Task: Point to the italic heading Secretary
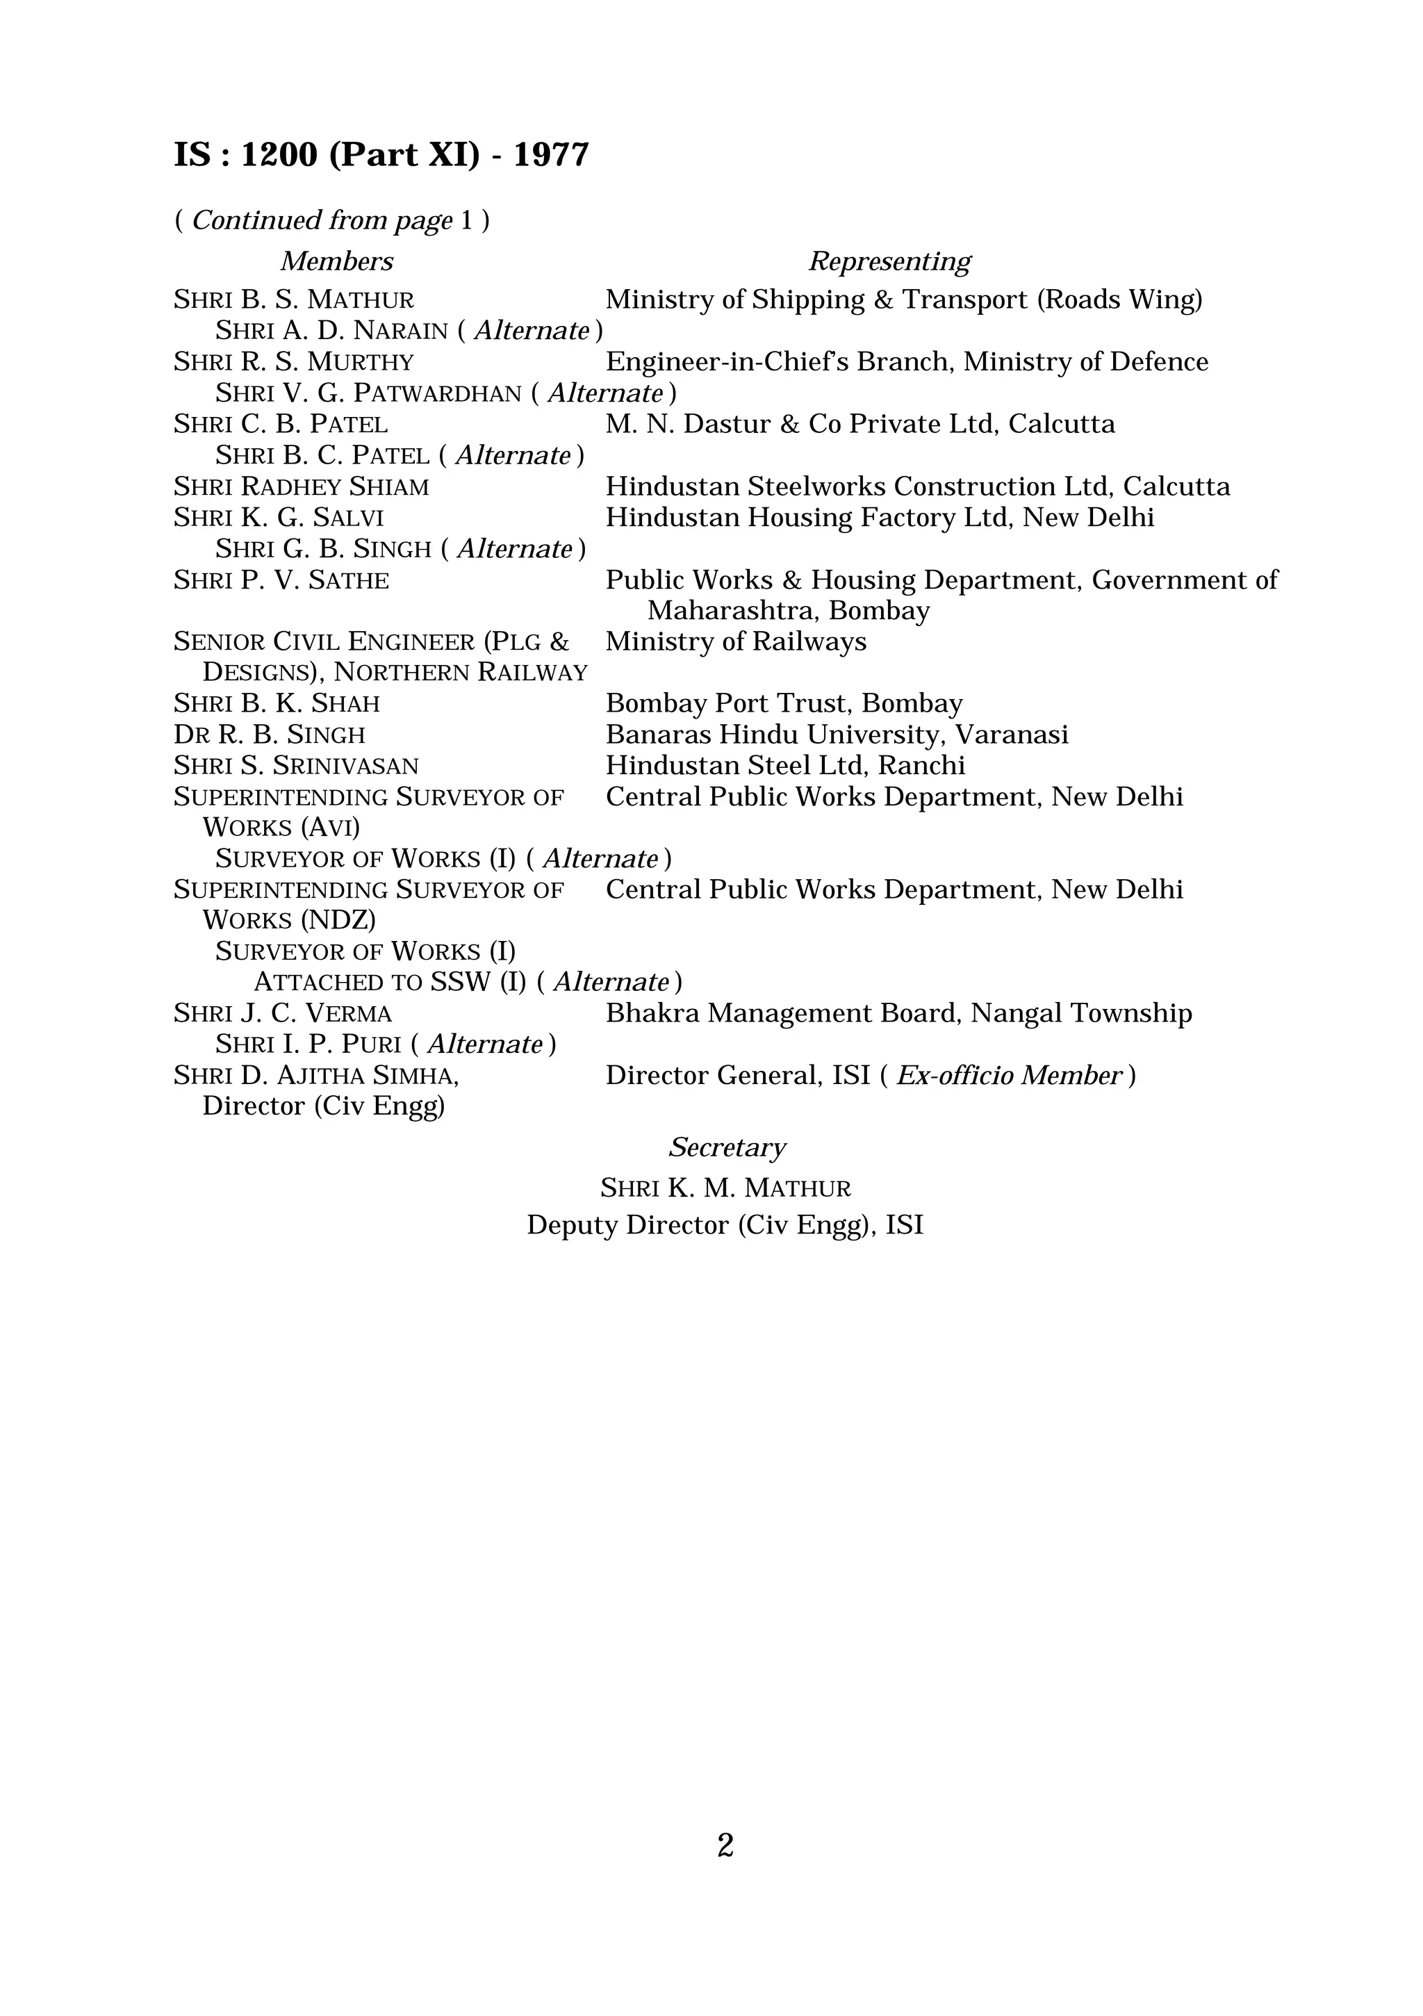click(727, 1147)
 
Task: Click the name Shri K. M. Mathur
click(725, 1188)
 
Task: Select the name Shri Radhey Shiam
click(301, 486)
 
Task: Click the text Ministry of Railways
click(736, 642)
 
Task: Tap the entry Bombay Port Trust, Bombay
click(784, 703)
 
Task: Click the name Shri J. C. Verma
click(283, 1013)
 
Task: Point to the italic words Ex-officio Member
click(1009, 1076)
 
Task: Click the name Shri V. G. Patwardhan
click(369, 393)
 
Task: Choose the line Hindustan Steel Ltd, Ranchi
click(784, 766)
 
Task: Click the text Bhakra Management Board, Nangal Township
click(898, 1013)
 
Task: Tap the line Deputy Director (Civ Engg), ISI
click(725, 1225)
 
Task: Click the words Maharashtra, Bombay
click(789, 610)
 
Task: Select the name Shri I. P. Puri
click(308, 1044)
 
